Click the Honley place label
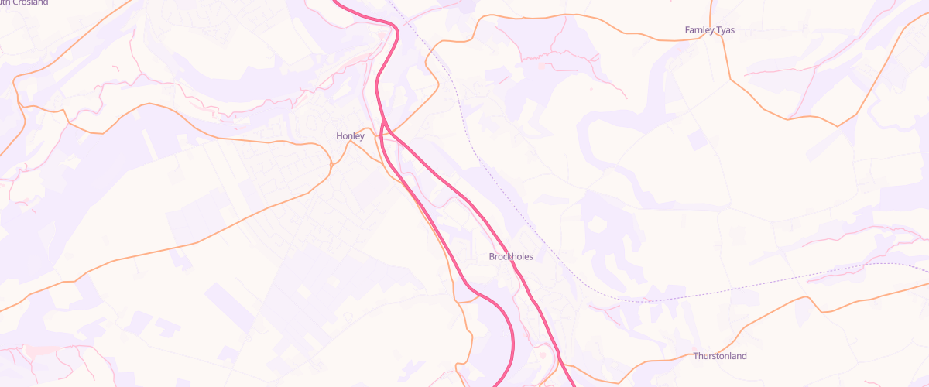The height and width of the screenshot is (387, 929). click(x=350, y=136)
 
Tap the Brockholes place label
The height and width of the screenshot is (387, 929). click(x=511, y=256)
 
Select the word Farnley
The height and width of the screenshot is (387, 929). click(x=701, y=30)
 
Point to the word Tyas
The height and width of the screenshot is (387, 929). click(x=726, y=30)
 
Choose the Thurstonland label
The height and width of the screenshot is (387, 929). click(x=720, y=356)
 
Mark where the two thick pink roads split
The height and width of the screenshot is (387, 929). click(x=383, y=124)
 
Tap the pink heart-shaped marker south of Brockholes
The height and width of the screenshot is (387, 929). click(x=557, y=354)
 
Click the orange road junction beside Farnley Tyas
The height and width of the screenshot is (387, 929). click(x=722, y=39)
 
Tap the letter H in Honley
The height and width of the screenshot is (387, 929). click(x=339, y=136)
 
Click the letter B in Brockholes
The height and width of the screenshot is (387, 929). click(x=492, y=256)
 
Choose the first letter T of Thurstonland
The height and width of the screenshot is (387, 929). click(x=696, y=356)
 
